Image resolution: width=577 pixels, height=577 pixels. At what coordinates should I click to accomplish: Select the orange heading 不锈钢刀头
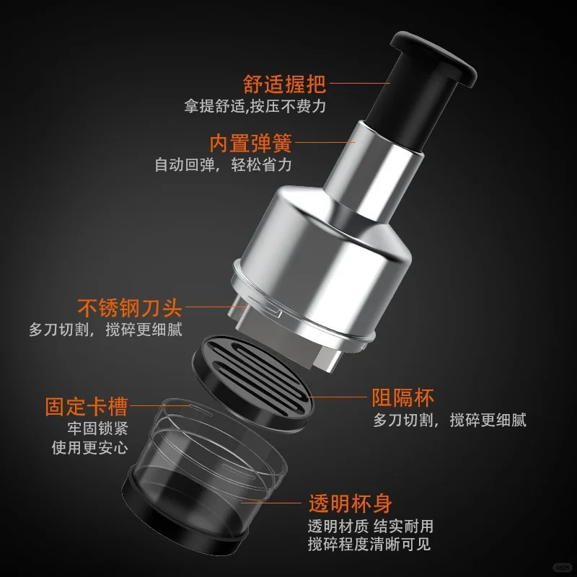[131, 308]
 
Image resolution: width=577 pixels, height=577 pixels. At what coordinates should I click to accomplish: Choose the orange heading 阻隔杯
[403, 397]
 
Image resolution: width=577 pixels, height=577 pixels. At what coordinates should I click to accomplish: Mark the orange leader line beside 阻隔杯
[343, 397]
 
